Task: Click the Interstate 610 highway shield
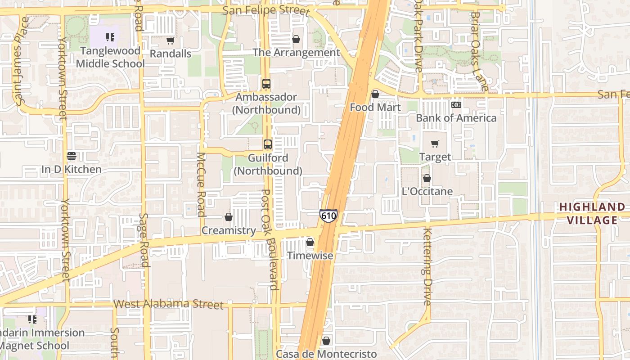328,216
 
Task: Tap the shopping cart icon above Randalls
170,41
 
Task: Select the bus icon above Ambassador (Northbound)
266,84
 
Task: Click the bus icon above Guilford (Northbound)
268,144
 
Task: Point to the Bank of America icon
456,105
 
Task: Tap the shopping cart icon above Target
435,144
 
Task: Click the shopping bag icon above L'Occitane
427,179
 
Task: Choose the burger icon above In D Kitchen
71,156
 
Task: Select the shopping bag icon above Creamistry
229,217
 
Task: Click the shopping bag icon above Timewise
310,243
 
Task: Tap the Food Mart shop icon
375,94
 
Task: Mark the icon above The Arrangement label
296,40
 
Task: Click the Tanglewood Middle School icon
110,37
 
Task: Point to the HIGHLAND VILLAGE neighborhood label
592,213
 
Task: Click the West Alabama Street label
168,304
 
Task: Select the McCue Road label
201,184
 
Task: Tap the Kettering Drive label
427,266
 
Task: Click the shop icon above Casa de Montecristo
326,341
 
